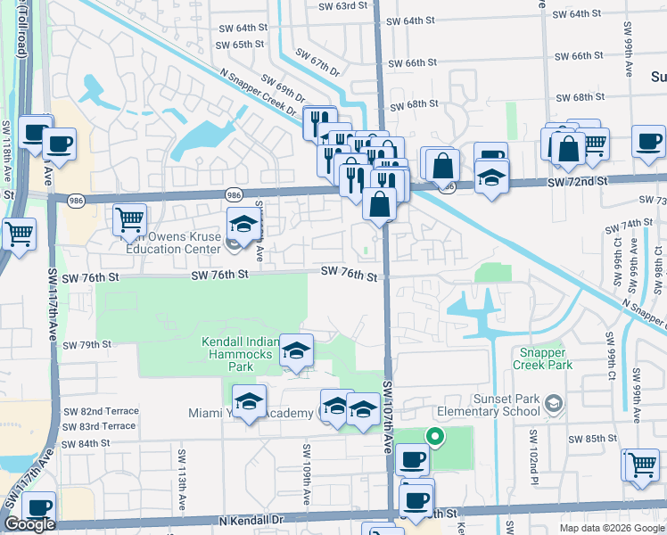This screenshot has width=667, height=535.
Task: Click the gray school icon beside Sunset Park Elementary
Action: [554, 404]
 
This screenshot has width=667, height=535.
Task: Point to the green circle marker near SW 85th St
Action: [434, 436]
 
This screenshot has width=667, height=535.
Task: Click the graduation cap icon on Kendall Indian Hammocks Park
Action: [296, 351]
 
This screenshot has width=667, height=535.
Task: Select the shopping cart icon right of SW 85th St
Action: [641, 465]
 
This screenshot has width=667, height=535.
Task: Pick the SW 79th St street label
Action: [86, 344]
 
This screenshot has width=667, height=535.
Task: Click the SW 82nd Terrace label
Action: [101, 411]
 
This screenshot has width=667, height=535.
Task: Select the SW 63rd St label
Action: [343, 5]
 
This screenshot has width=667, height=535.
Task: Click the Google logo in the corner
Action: [29, 524]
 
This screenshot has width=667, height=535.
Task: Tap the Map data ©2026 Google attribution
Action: [611, 528]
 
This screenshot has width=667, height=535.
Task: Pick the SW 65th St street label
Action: [241, 44]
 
